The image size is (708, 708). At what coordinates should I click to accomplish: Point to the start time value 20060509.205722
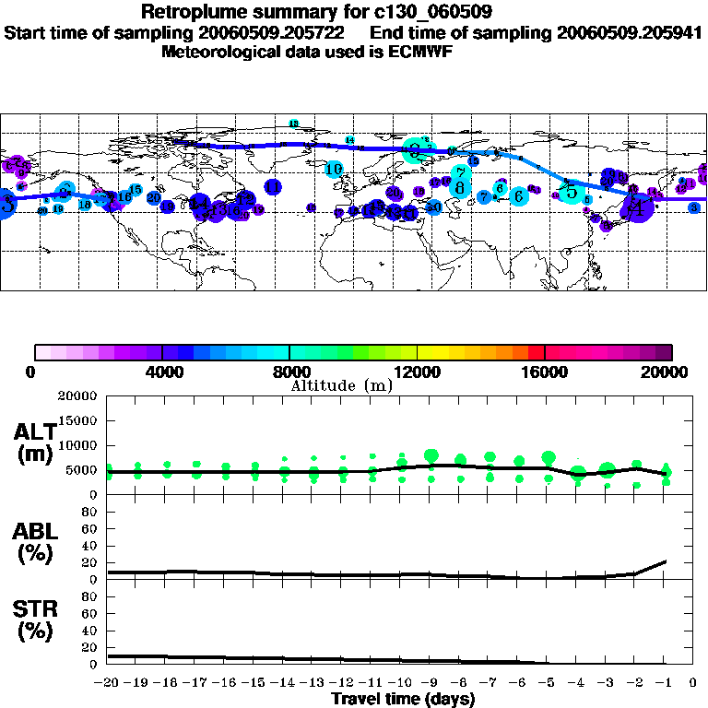tap(278, 32)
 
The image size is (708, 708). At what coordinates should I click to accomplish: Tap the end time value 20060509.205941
tap(629, 32)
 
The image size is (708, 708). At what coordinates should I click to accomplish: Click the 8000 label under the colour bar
tap(289, 372)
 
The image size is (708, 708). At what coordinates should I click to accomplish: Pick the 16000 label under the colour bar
tap(545, 372)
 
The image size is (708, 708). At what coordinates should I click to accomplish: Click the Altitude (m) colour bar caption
tap(341, 385)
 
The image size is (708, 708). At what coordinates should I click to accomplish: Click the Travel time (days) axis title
tap(403, 700)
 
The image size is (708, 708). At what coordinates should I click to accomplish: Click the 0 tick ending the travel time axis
tap(692, 683)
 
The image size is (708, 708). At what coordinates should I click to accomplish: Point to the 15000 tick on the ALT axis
tap(77, 420)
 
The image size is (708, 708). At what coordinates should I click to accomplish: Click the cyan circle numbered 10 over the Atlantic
tap(334, 169)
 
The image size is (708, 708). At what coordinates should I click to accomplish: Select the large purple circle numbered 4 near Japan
tap(637, 207)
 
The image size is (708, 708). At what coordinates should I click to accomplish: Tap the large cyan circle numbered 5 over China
tap(572, 192)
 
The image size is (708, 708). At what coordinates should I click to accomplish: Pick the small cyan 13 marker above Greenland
tap(294, 124)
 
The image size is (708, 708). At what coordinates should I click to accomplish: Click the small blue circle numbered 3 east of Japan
tap(693, 208)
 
